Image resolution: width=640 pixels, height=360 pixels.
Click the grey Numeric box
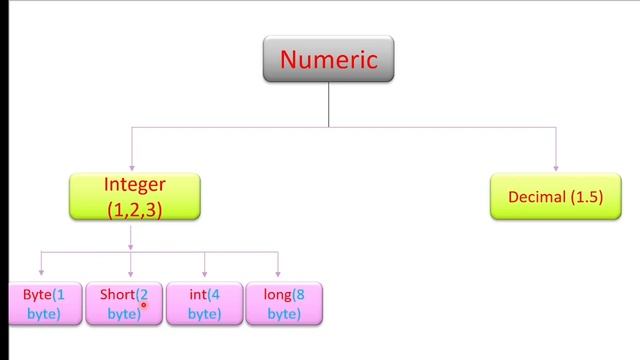click(328, 59)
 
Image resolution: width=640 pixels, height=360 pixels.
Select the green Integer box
click(134, 197)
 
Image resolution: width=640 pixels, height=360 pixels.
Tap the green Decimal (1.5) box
click(555, 197)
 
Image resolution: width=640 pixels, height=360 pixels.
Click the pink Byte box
click(43, 304)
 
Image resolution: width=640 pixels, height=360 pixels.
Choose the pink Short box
click(124, 304)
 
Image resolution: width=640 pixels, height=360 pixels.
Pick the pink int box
click(204, 304)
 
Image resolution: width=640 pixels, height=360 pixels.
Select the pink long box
click(284, 304)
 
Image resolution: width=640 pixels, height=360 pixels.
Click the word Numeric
click(328, 59)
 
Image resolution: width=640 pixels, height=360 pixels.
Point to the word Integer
click(134, 185)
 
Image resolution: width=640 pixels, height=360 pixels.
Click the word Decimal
click(537, 197)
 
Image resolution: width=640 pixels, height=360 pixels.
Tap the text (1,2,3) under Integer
click(134, 210)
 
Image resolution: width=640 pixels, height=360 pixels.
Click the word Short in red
click(117, 294)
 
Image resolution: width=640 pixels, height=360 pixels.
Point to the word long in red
click(277, 294)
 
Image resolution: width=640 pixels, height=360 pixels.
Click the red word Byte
click(37, 294)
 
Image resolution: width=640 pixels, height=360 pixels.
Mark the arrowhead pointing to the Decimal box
click(556, 167)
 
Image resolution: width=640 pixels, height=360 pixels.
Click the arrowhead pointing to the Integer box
click(131, 167)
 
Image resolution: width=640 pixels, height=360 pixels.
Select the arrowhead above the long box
click(278, 272)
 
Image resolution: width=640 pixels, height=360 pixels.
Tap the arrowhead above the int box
click(204, 272)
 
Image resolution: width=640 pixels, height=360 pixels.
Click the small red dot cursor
click(144, 306)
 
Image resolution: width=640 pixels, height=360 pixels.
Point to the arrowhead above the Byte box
click(41, 272)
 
